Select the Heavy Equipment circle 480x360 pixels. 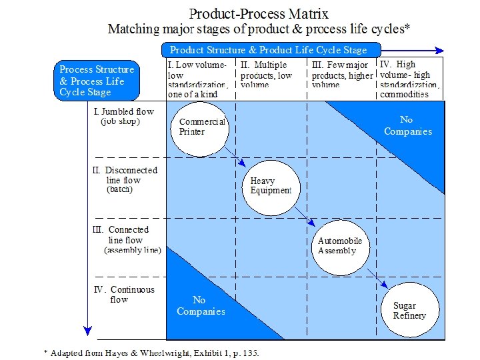tap(271, 186)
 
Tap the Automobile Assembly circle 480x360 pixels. tap(340, 246)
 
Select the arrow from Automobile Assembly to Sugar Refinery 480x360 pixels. tap(377, 277)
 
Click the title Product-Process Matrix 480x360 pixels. tap(259, 13)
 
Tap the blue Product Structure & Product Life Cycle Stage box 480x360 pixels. tap(271, 50)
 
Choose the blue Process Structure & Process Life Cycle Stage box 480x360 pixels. tap(97, 81)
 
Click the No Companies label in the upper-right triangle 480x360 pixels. tap(407, 125)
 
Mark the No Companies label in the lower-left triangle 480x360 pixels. tap(201, 306)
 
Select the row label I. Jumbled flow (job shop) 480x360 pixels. tap(127, 117)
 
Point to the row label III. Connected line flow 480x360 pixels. tap(130, 240)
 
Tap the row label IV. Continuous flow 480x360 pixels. tap(127, 294)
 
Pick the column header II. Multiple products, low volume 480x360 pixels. tap(267, 75)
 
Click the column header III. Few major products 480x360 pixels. tap(340, 75)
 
